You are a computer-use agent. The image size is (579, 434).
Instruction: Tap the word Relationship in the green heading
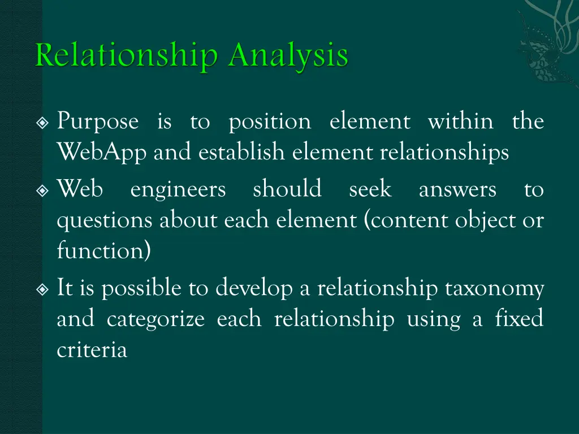point(126,57)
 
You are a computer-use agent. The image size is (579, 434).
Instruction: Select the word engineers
point(178,190)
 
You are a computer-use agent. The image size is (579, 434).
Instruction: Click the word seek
point(370,190)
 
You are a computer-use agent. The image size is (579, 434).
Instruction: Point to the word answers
point(457,190)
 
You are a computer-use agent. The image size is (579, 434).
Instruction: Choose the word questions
point(105,220)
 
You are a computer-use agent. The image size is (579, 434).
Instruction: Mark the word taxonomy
point(494,289)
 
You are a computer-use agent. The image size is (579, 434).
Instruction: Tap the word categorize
point(155,320)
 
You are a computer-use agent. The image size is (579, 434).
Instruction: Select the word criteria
point(92,350)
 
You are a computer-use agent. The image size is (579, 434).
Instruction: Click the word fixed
point(518,319)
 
